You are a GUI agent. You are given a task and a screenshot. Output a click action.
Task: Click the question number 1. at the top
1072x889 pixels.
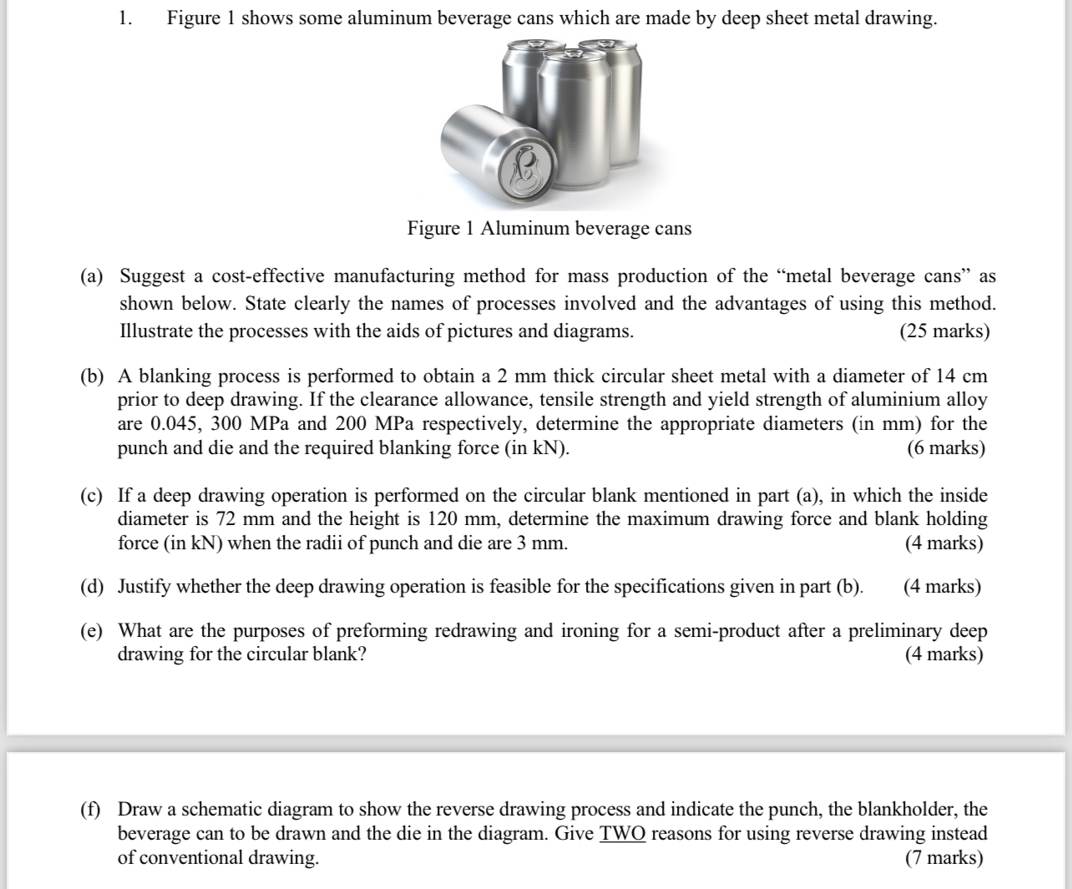[x=124, y=18]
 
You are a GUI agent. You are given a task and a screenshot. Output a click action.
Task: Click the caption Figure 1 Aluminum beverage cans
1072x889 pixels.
[x=549, y=229]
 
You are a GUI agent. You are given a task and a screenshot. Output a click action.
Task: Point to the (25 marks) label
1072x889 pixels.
[x=944, y=331]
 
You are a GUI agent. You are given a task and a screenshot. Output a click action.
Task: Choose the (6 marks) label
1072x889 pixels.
[x=945, y=448]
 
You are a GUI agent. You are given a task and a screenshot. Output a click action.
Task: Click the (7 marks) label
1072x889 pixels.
[x=943, y=857]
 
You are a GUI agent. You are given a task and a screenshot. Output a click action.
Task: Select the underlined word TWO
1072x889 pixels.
[x=622, y=833]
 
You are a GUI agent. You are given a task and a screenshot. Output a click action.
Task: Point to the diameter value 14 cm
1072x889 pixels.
[x=959, y=376]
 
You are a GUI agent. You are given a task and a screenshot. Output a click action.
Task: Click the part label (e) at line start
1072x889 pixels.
[x=92, y=630]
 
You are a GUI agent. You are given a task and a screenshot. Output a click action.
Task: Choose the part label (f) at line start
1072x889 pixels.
[x=92, y=809]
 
